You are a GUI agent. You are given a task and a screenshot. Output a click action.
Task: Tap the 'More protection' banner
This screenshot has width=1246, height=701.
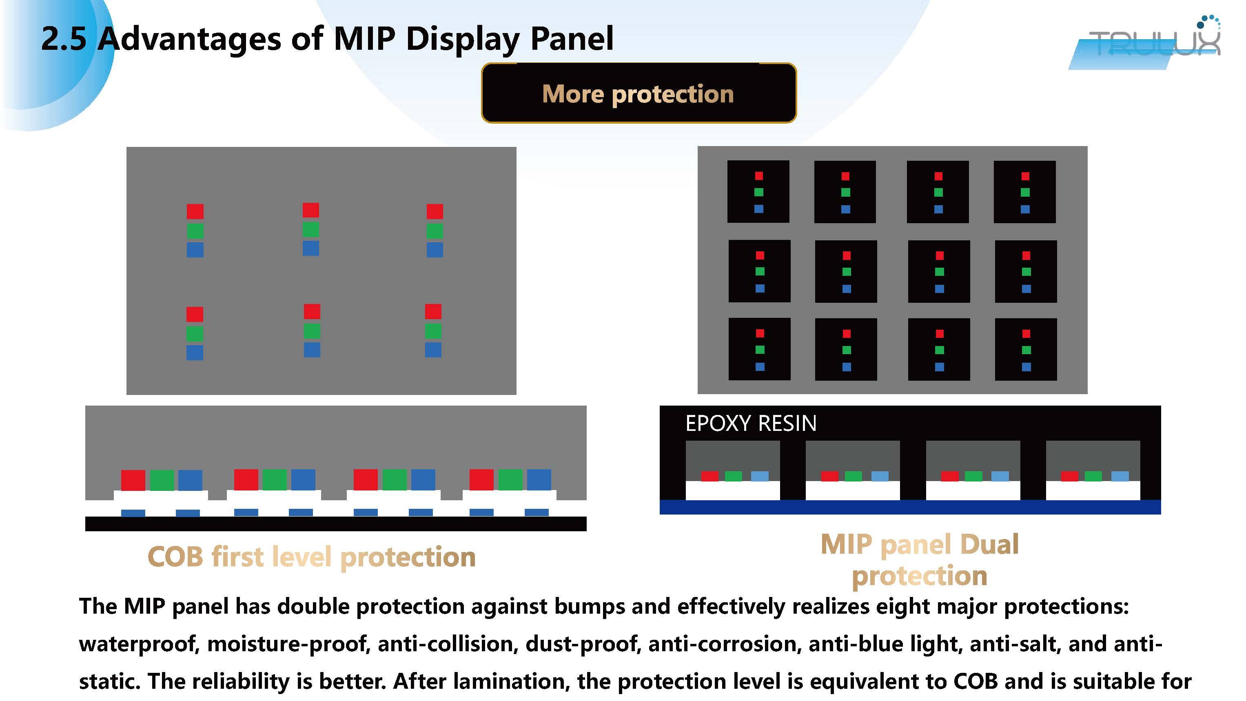(x=639, y=93)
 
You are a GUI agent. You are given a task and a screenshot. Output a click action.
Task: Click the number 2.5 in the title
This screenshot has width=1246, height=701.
(x=63, y=38)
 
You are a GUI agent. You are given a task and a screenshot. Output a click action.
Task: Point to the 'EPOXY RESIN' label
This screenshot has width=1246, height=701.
(x=751, y=423)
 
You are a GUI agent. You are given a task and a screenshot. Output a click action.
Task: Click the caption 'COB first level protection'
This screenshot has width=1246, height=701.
(x=312, y=557)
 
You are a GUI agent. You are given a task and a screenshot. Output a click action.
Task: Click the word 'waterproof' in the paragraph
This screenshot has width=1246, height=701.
(x=139, y=644)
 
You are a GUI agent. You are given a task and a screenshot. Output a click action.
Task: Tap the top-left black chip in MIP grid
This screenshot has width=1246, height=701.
(x=758, y=192)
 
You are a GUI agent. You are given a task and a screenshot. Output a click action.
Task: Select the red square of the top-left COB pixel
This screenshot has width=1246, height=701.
(x=195, y=211)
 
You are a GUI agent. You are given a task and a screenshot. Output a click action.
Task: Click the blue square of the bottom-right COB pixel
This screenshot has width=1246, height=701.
(x=433, y=350)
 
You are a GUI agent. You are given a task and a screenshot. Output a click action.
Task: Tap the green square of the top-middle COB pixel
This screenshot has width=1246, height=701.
(x=310, y=229)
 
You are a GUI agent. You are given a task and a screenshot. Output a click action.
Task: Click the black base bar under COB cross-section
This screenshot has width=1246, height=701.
(x=336, y=524)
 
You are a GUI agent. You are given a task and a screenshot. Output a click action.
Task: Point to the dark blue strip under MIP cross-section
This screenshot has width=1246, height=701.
(x=910, y=507)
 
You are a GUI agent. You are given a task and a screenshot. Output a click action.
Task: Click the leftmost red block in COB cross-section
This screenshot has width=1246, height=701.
(x=133, y=480)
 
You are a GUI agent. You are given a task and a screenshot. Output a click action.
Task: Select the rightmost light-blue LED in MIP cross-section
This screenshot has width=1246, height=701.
(x=1120, y=477)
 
